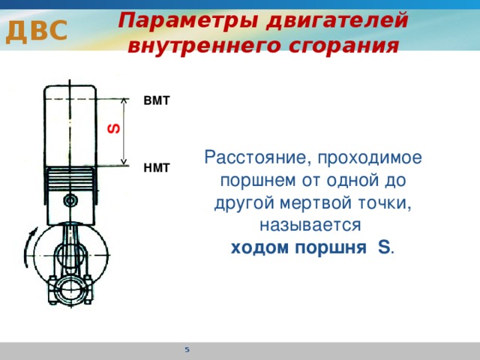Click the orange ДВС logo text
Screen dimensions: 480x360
click(x=37, y=31)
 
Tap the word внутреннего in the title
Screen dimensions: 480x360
click(x=204, y=46)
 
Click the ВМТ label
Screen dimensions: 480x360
click(x=157, y=100)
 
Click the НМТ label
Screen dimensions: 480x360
click(x=157, y=168)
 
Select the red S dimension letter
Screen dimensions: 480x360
click(x=114, y=128)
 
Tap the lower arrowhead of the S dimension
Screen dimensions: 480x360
click(x=124, y=162)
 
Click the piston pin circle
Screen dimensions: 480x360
click(x=70, y=201)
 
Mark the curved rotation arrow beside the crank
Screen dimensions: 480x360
click(x=29, y=247)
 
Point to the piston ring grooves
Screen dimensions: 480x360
click(x=71, y=179)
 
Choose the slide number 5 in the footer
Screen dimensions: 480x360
click(x=187, y=349)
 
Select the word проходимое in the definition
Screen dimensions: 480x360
click(x=370, y=158)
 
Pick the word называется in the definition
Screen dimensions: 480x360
click(x=310, y=225)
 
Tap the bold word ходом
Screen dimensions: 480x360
click(x=259, y=247)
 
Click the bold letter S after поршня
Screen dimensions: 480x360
click(x=384, y=247)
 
